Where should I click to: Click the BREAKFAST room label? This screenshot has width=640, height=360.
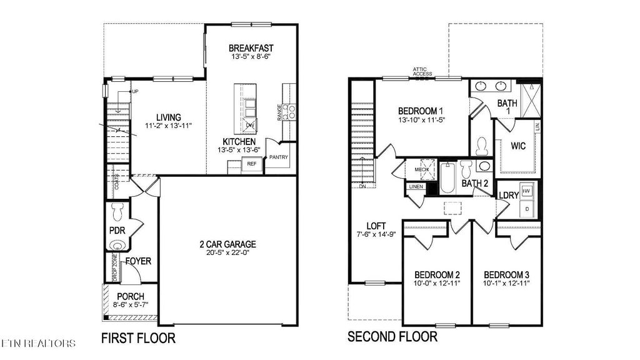pyautogui.click(x=251, y=48)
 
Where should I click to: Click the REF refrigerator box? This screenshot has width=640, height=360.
pyautogui.click(x=252, y=164)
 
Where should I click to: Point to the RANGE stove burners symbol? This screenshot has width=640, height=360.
pyautogui.click(x=289, y=112)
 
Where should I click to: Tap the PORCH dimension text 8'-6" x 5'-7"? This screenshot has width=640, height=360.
pyautogui.click(x=130, y=305)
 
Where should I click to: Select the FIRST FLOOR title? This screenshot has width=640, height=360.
pyautogui.click(x=138, y=339)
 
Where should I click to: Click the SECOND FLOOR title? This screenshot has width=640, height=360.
pyautogui.click(x=392, y=337)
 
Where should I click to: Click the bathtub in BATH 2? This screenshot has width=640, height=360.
pyautogui.click(x=448, y=177)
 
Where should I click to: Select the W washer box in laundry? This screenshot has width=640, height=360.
pyautogui.click(x=527, y=191)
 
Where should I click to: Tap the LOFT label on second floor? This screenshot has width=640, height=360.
pyautogui.click(x=376, y=226)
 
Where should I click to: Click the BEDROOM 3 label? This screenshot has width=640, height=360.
pyautogui.click(x=506, y=274)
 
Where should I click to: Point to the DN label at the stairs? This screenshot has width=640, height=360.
pyautogui.click(x=362, y=186)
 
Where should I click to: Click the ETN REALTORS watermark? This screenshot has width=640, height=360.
pyautogui.click(x=39, y=343)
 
